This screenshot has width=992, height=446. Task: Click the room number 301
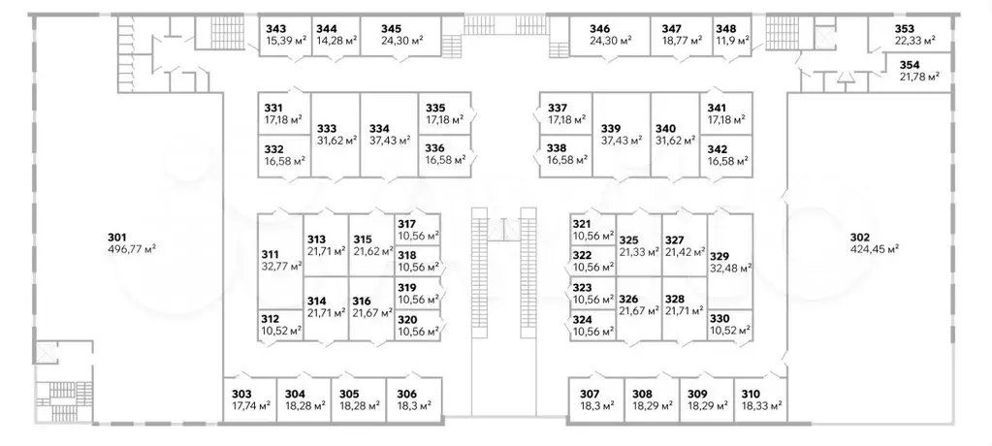[x=116, y=238]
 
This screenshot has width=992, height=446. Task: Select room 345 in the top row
[x=391, y=28]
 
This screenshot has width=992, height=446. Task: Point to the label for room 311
[x=271, y=256]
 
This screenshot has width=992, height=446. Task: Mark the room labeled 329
[x=719, y=256]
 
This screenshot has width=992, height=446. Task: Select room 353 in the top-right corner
[x=904, y=28]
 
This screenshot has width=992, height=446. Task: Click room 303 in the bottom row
[x=241, y=393]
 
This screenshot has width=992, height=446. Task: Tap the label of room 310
[x=751, y=393]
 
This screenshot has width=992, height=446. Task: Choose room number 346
[x=600, y=28]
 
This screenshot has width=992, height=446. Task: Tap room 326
[x=629, y=300]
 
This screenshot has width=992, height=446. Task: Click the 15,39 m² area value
[x=285, y=42]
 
